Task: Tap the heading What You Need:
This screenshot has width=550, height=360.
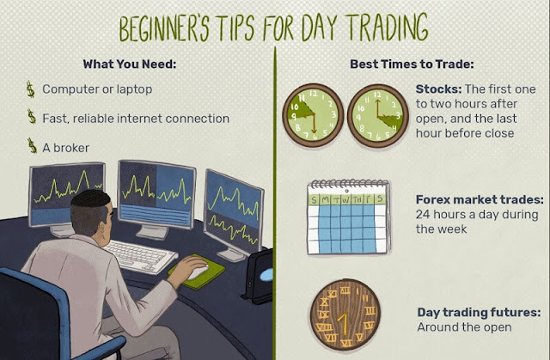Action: (x=130, y=64)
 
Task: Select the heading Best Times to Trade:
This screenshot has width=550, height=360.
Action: (x=412, y=64)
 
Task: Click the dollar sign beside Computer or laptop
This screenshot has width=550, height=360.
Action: (x=31, y=89)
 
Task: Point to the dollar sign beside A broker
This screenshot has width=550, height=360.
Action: (x=33, y=146)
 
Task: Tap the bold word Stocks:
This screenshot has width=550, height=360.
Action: (x=438, y=89)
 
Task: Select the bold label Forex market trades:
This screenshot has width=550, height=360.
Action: (x=480, y=199)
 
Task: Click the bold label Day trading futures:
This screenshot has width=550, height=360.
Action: (x=479, y=312)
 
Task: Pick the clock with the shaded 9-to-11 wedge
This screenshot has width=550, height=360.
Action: (x=313, y=115)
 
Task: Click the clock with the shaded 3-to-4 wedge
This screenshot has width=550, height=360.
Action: (x=378, y=115)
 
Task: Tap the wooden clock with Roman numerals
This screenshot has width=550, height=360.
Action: (x=345, y=314)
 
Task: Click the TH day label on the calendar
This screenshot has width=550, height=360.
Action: (x=357, y=200)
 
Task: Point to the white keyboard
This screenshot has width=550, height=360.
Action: (x=140, y=256)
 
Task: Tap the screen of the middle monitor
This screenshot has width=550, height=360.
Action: (x=156, y=194)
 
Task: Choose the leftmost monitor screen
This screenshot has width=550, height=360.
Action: (x=66, y=194)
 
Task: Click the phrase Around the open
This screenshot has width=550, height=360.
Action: (x=464, y=327)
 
